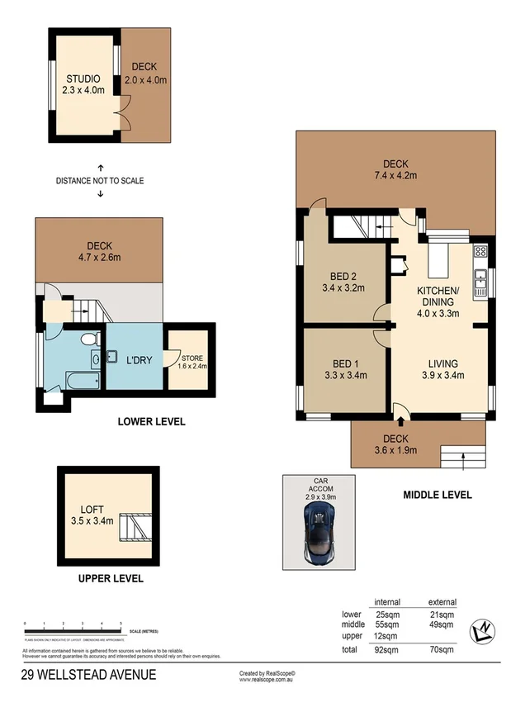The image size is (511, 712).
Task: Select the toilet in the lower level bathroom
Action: pos(90,339)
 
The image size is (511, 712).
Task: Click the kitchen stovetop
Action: pos(479,251)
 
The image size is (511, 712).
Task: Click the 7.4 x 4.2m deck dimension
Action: pos(395,175)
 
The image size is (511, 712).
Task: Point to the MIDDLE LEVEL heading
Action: pos(437,495)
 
